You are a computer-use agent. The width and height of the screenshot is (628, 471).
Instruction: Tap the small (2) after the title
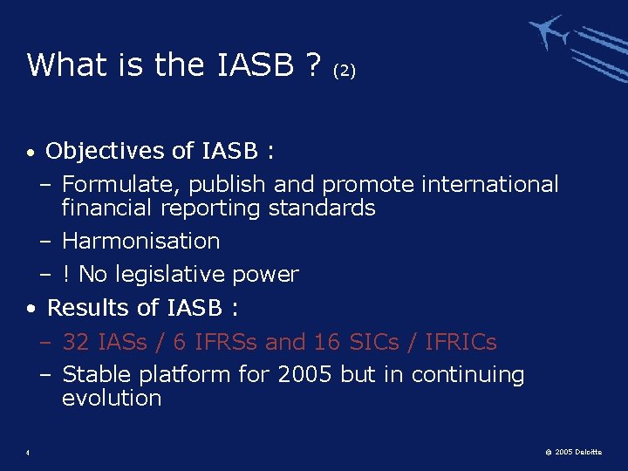point(344,71)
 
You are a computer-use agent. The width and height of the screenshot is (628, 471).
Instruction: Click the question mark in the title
point(311,65)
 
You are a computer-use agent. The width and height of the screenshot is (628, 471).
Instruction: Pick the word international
point(489,185)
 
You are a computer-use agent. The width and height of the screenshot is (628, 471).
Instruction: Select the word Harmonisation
point(140,241)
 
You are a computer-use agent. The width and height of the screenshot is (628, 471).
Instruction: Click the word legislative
point(179,275)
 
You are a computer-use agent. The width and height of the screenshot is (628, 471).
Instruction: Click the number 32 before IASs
point(75,342)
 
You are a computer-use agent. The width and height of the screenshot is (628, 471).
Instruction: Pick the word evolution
point(112,399)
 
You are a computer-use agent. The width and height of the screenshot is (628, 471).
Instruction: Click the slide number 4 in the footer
point(29,452)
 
